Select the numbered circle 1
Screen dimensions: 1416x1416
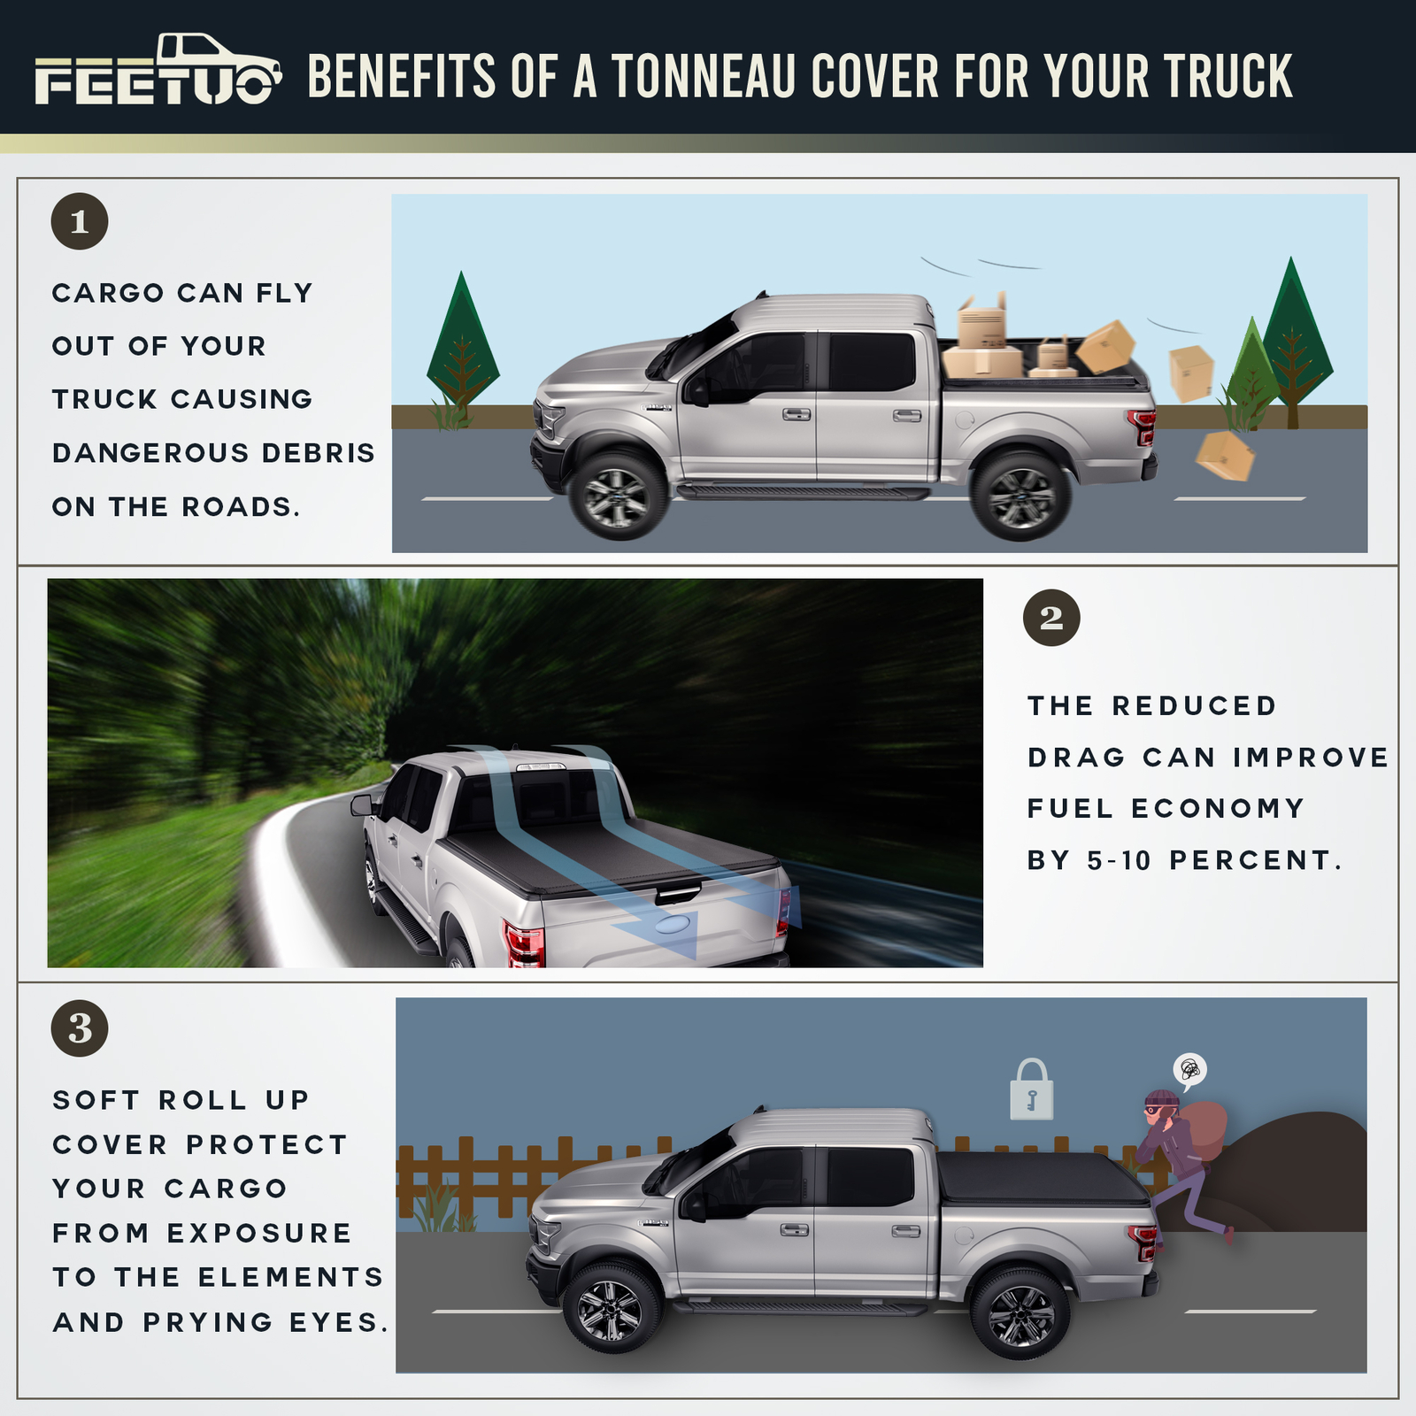click(x=80, y=221)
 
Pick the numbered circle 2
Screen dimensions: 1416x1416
click(x=1051, y=618)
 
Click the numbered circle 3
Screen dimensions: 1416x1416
click(x=80, y=1028)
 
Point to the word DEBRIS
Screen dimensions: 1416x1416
click(x=319, y=453)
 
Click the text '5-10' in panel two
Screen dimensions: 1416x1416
click(x=1120, y=860)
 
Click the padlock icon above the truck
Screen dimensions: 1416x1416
click(x=1032, y=1091)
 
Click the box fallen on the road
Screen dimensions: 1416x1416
click(x=1225, y=455)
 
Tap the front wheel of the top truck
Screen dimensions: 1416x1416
click(x=617, y=496)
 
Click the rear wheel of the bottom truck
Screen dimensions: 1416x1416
click(x=1020, y=1315)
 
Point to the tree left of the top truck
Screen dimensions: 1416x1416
click(x=462, y=350)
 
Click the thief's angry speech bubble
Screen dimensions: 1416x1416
click(x=1190, y=1070)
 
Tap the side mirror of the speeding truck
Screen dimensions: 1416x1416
click(x=362, y=804)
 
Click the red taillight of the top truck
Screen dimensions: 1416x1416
click(x=1143, y=427)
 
